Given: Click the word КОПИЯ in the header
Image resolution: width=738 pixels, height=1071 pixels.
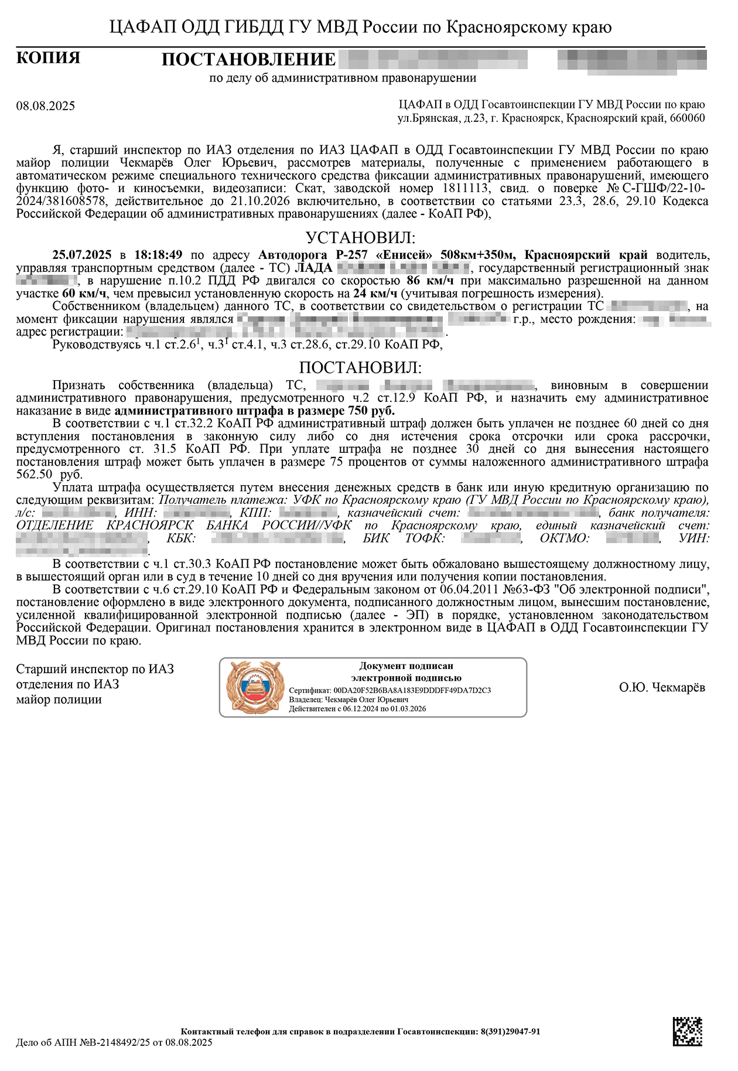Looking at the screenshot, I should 48,58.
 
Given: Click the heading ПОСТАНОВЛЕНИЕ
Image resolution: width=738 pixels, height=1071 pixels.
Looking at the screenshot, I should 248,60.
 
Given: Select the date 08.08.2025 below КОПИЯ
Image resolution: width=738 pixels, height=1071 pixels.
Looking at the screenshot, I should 46,106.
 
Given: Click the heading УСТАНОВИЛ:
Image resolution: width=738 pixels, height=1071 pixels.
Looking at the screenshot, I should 360,238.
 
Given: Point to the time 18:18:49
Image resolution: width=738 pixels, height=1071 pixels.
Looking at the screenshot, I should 158,255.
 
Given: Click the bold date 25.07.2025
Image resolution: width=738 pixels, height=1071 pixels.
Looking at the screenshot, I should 81,255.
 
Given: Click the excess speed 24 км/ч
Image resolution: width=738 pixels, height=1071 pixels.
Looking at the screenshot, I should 375,294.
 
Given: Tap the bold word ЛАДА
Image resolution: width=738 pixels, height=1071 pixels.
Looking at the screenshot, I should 313,268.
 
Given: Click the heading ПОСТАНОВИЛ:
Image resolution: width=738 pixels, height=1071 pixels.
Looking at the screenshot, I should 360,367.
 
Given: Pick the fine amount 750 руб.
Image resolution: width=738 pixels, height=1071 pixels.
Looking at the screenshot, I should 371,410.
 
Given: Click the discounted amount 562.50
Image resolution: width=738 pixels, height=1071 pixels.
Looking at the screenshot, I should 34,475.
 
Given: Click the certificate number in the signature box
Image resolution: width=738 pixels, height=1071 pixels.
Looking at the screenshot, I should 412,690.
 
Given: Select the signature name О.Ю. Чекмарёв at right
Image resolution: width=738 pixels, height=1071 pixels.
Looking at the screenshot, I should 662,687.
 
